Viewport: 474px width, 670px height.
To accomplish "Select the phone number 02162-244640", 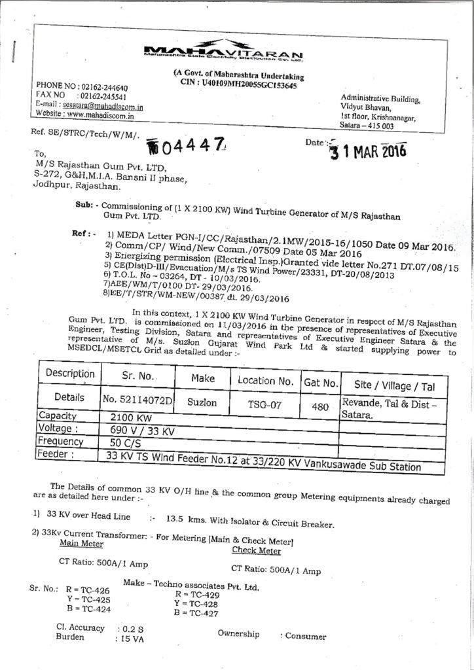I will [x=103, y=88].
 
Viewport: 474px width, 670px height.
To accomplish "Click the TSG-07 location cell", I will [x=264, y=405].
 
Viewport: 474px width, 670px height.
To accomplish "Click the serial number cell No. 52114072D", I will [x=137, y=400].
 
